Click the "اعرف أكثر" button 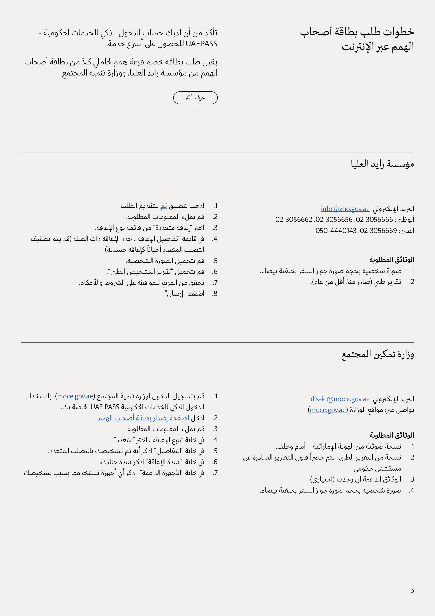[195, 98]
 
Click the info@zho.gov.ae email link [345, 208]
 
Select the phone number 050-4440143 [336, 230]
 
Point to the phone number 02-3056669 [378, 230]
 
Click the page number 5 [413, 590]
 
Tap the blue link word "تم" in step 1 [164, 206]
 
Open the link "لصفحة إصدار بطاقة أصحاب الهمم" [143, 418]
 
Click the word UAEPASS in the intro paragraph [201, 44]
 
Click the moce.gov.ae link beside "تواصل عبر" [328, 410]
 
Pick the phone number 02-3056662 [294, 219]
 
